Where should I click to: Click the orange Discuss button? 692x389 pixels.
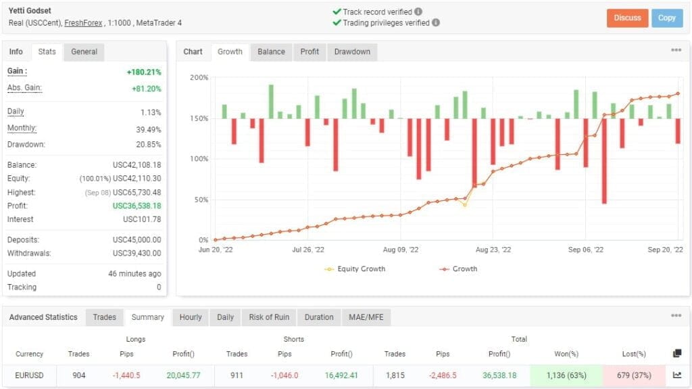627,18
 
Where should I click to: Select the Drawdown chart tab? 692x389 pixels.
352,51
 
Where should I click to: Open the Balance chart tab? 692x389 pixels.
271,51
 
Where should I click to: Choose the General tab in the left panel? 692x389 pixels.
84,51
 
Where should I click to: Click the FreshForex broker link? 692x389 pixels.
84,23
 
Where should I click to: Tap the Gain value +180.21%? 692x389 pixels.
143,72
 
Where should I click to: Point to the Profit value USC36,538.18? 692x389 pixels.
137,206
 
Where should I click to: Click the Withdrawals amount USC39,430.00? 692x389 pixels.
137,253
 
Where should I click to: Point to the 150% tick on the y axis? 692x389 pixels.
199,118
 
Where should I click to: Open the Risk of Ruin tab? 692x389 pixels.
269,317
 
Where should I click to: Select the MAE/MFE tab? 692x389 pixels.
366,317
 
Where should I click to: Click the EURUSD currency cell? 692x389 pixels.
30,375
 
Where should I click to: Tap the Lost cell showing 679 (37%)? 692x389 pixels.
633,375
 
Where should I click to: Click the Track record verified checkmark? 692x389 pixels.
337,12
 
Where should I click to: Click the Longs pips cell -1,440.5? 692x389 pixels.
127,375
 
